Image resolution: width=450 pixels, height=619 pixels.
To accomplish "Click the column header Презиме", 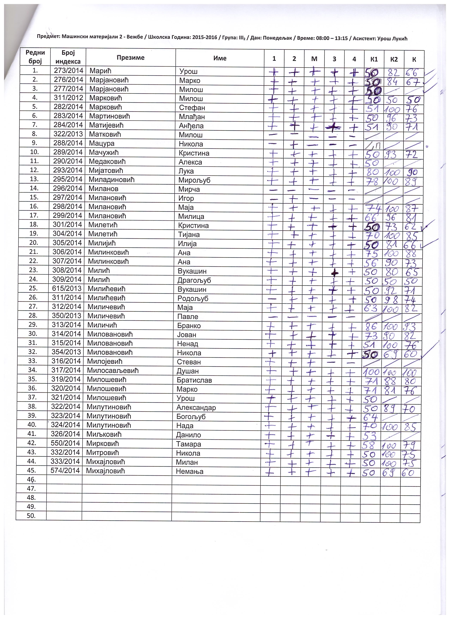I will pos(130,58).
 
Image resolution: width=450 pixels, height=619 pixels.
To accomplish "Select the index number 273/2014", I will pos(68,70).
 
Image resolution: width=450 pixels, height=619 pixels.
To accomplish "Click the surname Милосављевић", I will pos(113,370).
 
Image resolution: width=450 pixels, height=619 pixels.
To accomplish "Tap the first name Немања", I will pos(190,472).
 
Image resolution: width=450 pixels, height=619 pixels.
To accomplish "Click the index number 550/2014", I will pos(65,443).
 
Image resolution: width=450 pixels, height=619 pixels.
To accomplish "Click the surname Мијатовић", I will pos(106,171).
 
